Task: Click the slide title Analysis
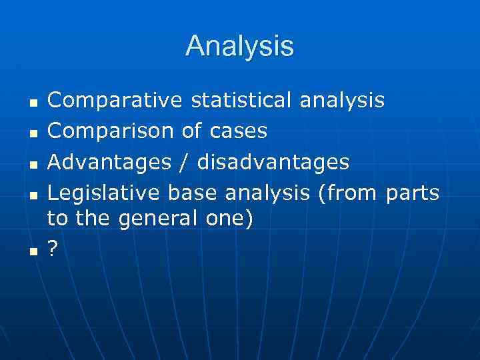(x=239, y=46)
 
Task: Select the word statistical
(x=241, y=101)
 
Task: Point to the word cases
(x=238, y=131)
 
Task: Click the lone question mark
(x=53, y=250)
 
